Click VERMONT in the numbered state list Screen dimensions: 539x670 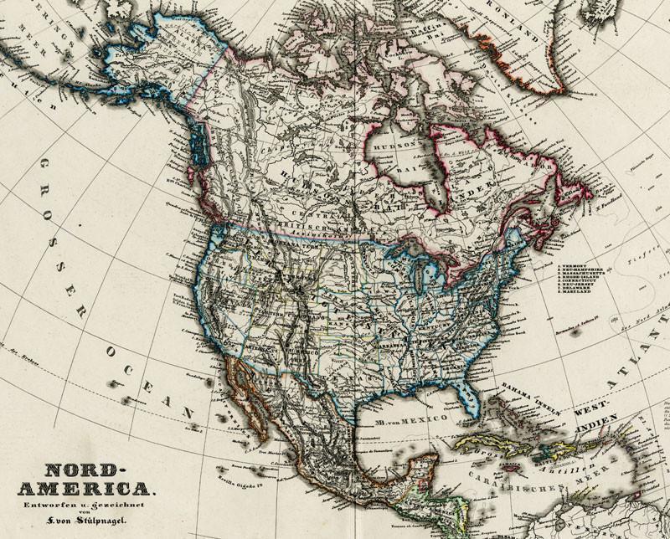[577, 264]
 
